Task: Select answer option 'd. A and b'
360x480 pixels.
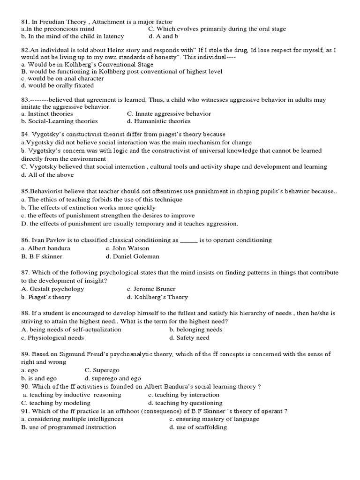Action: [x=163, y=36]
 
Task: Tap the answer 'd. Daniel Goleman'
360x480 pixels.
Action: [x=132, y=256]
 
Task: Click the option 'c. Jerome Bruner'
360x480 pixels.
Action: [x=151, y=289]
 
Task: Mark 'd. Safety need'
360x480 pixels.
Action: [x=189, y=337]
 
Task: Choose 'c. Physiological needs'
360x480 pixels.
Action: [x=52, y=337]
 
